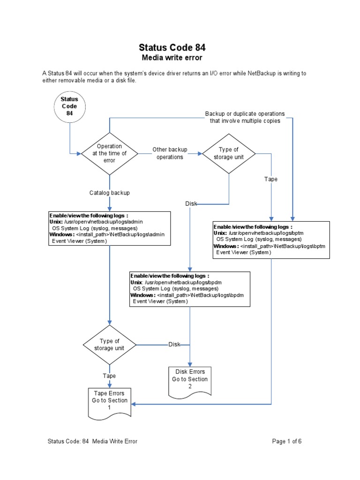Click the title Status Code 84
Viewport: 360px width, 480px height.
(x=172, y=47)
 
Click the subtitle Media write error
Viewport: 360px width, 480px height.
(x=172, y=58)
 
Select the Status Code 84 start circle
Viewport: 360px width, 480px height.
(x=69, y=106)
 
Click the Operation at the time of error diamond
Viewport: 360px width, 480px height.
(x=109, y=153)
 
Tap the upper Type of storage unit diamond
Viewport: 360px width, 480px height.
(x=228, y=153)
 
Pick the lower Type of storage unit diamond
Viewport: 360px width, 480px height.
(x=110, y=345)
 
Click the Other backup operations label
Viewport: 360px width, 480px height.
(x=170, y=153)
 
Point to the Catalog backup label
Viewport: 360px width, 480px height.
(x=110, y=193)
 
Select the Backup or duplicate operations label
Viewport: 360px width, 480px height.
(x=245, y=117)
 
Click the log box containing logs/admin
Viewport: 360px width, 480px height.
(x=109, y=228)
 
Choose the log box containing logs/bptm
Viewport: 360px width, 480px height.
(x=271, y=239)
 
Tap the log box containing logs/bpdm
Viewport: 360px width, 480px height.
(x=190, y=288)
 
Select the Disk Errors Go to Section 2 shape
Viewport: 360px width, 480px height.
(x=190, y=379)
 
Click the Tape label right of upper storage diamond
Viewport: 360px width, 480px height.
(x=271, y=179)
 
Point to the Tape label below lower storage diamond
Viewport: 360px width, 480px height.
(x=109, y=376)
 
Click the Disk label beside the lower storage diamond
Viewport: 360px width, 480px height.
(x=174, y=345)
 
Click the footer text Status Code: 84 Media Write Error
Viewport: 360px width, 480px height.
(x=92, y=441)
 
